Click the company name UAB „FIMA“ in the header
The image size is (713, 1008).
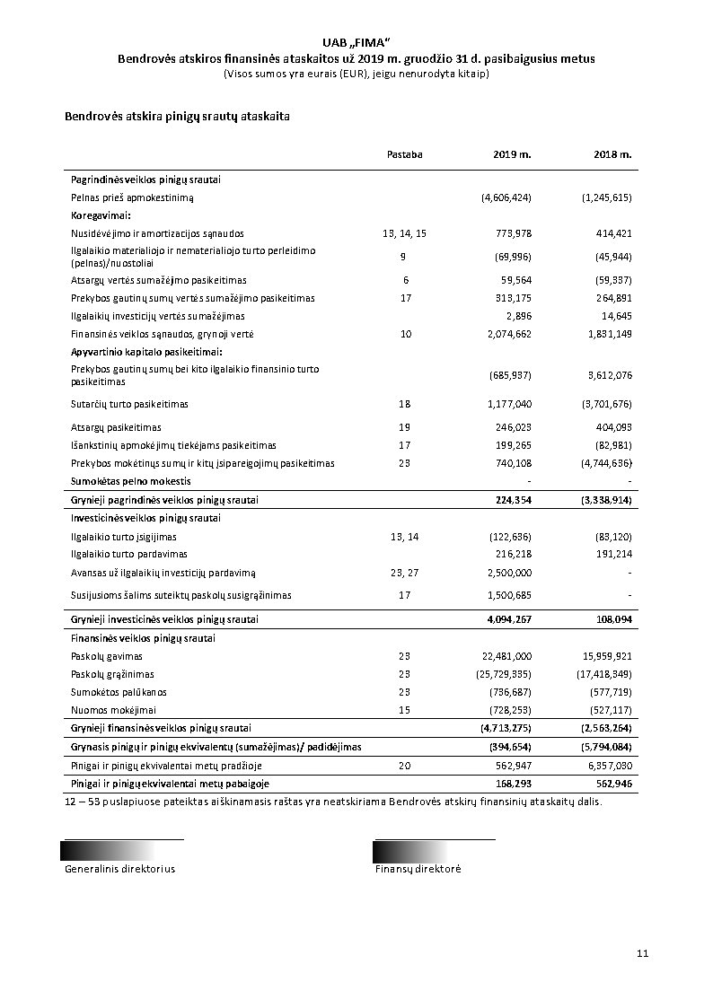pyautogui.click(x=356, y=43)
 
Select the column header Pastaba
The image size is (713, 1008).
pyautogui.click(x=404, y=154)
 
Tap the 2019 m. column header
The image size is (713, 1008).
pyautogui.click(x=512, y=154)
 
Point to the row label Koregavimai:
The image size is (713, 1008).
pyautogui.click(x=101, y=215)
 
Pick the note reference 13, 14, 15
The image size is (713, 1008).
pyautogui.click(x=404, y=233)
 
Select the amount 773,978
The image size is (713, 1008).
pyautogui.click(x=514, y=233)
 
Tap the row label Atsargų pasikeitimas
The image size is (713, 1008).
pyautogui.click(x=117, y=427)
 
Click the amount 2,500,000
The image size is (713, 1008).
pyautogui.click(x=509, y=573)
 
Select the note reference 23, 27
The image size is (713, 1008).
pyautogui.click(x=404, y=573)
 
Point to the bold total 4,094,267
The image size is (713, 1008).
pyautogui.click(x=509, y=619)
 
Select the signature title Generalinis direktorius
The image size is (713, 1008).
pyautogui.click(x=119, y=869)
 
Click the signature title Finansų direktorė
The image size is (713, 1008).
pyautogui.click(x=418, y=869)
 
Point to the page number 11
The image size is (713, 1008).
pyautogui.click(x=642, y=953)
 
